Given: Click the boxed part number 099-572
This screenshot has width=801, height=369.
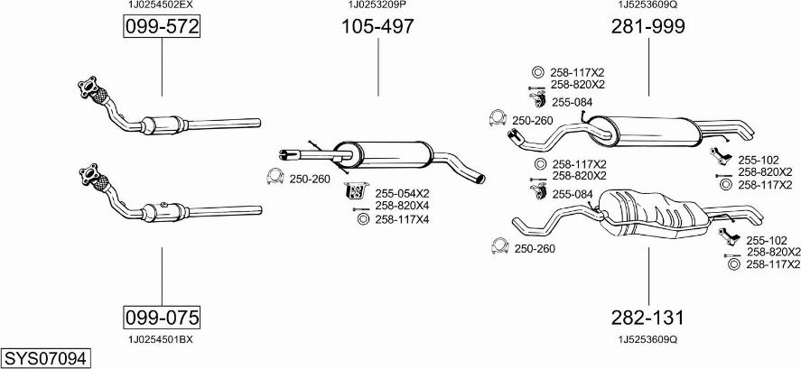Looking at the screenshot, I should click(162, 29).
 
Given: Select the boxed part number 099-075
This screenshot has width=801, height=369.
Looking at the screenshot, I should click(162, 318).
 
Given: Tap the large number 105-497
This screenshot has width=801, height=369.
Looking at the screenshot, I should click(377, 28).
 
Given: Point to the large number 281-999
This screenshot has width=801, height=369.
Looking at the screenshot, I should click(648, 28).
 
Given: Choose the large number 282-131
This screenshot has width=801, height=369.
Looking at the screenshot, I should click(648, 318).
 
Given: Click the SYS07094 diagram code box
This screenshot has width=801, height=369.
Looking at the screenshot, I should click(45, 358).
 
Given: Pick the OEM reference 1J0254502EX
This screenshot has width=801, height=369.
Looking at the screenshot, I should click(161, 5).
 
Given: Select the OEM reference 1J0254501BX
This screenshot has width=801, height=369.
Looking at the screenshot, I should click(161, 339).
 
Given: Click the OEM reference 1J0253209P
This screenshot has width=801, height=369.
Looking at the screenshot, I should click(377, 5).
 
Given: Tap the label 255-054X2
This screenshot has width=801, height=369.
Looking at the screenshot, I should click(402, 193).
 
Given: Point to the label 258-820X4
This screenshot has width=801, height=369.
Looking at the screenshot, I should click(402, 206).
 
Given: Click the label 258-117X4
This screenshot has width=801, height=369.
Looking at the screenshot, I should click(402, 218).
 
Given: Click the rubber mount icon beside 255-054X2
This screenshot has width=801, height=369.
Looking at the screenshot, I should click(356, 191).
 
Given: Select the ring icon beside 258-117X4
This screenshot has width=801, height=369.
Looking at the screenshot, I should click(363, 218).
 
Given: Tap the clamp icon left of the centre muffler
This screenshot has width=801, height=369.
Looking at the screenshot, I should click(275, 177).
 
